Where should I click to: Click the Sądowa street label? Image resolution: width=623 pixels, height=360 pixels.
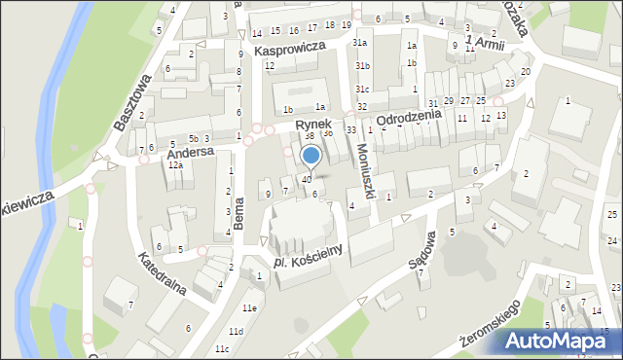(x=421, y=261)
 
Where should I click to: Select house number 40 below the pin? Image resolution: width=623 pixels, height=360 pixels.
(x=307, y=179)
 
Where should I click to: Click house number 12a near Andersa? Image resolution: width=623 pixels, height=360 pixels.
(x=175, y=165)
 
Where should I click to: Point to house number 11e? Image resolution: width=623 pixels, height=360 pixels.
(x=250, y=308)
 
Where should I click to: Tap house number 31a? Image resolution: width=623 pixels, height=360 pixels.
(x=360, y=43)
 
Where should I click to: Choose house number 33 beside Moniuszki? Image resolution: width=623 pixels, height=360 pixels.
(x=350, y=129)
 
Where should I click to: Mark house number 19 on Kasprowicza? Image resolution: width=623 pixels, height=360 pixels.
(x=347, y=24)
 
